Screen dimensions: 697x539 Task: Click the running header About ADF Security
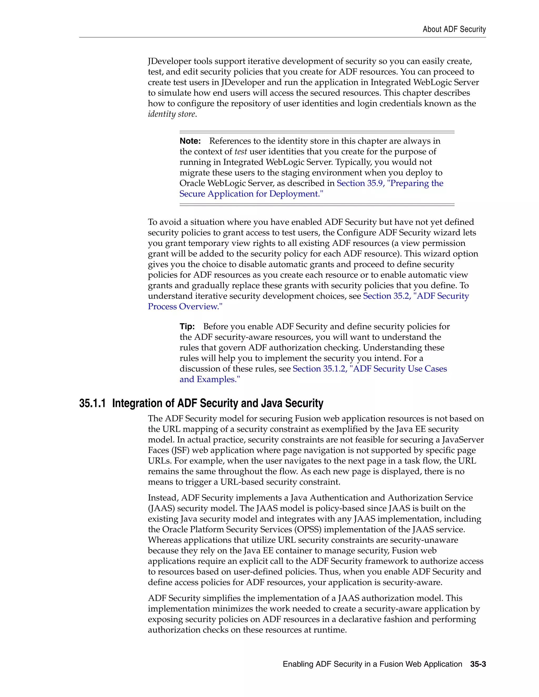(454, 29)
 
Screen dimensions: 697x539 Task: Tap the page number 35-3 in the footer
(478, 664)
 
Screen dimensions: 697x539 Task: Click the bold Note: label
(190, 141)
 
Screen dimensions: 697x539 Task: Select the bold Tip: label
(187, 326)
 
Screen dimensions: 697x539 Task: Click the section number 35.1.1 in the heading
(92, 403)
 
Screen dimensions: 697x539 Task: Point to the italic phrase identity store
(172, 114)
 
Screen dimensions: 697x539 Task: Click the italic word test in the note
(241, 151)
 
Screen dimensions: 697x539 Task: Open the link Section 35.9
(360, 183)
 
